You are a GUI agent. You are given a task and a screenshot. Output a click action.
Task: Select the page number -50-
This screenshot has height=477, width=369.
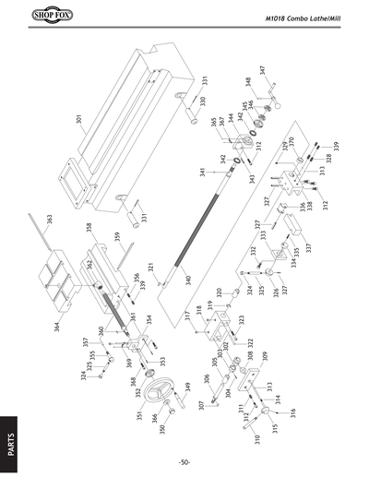coord(184,461)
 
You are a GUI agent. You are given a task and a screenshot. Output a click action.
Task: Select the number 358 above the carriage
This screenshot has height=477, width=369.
coord(89,228)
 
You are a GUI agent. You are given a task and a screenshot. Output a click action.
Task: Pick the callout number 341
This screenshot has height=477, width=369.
coord(201,172)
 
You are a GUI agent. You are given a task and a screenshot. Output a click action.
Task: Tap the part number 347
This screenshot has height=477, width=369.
coord(262,70)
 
